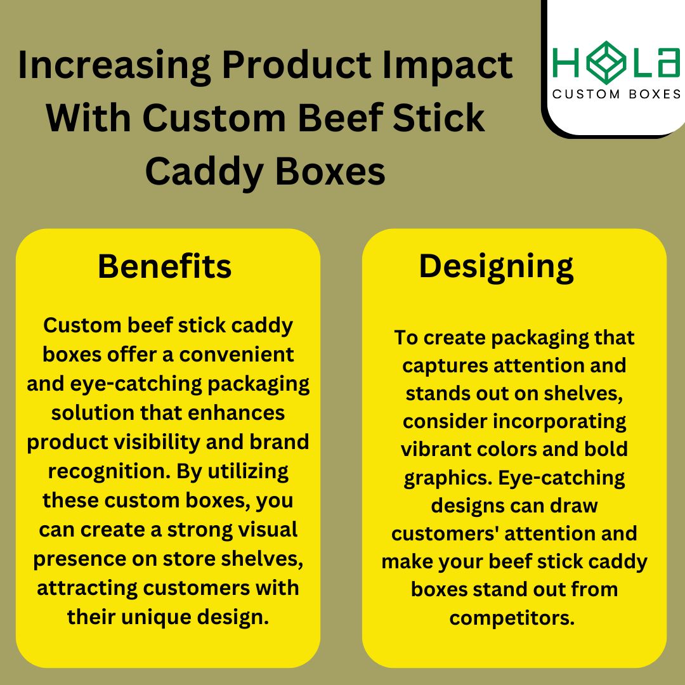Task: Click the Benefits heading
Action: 164,266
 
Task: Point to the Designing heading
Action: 496,266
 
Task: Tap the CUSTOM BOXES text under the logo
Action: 616,94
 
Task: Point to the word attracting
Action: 87,588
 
